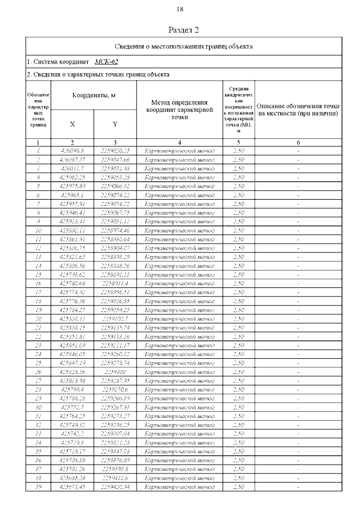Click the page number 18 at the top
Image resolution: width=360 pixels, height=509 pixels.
tap(180, 10)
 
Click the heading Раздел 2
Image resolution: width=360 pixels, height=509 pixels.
tap(184, 30)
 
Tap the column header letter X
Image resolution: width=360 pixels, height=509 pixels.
tap(72, 124)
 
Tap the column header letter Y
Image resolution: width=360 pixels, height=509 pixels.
tap(115, 124)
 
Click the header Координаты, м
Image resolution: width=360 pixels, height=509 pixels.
tap(93, 96)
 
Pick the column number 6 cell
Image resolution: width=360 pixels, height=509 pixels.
tap(298, 143)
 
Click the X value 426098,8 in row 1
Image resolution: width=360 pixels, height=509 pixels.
tap(72, 150)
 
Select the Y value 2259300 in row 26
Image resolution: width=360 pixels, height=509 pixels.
tap(115, 372)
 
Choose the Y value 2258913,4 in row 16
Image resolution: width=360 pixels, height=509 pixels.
tap(115, 283)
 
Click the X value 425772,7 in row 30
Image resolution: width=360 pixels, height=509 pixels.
tap(72, 407)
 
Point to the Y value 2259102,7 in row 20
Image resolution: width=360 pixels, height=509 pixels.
tap(115, 319)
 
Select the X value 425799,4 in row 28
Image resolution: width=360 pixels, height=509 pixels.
tap(72, 389)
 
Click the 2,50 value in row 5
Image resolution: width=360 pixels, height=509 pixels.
tap(238, 186)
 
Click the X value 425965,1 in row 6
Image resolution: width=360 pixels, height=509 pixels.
tap(72, 195)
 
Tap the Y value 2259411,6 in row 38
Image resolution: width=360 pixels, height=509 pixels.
tap(115, 478)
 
